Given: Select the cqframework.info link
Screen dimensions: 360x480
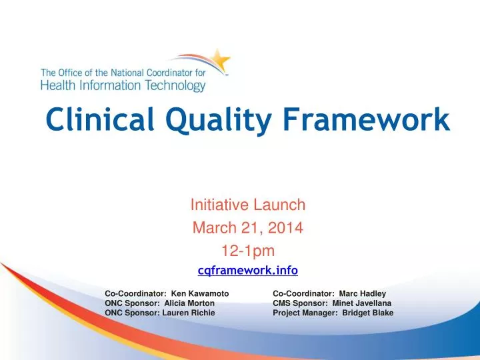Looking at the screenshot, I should pyautogui.click(x=248, y=270).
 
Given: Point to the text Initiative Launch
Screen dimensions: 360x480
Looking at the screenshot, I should pyautogui.click(x=248, y=205).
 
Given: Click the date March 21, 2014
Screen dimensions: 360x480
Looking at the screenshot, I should pyautogui.click(x=248, y=228).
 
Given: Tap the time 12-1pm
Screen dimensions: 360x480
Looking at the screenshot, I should pyautogui.click(x=248, y=250).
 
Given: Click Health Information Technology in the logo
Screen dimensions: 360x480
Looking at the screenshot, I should pyautogui.click(x=123, y=86).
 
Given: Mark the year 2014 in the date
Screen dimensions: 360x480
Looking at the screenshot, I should pyautogui.click(x=289, y=228).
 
